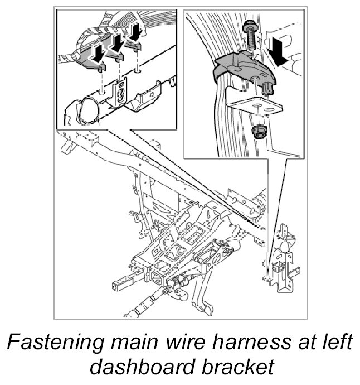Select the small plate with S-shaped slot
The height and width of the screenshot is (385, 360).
tap(119, 92)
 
